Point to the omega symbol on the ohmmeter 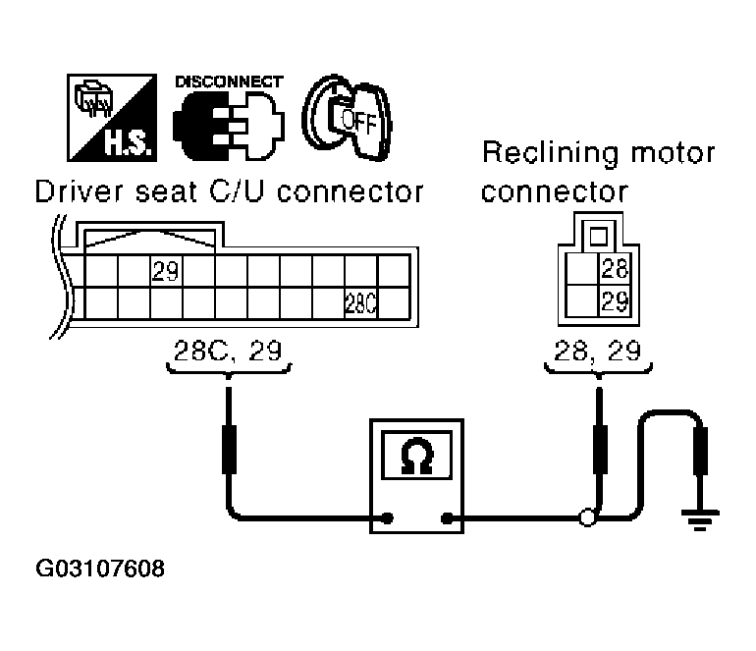417,458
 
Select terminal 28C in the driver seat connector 361,302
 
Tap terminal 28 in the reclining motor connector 614,269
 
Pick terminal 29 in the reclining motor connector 614,301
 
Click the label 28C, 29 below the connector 228,351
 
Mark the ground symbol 700,519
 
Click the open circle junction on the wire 588,517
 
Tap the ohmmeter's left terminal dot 389,517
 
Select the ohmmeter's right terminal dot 448,517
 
